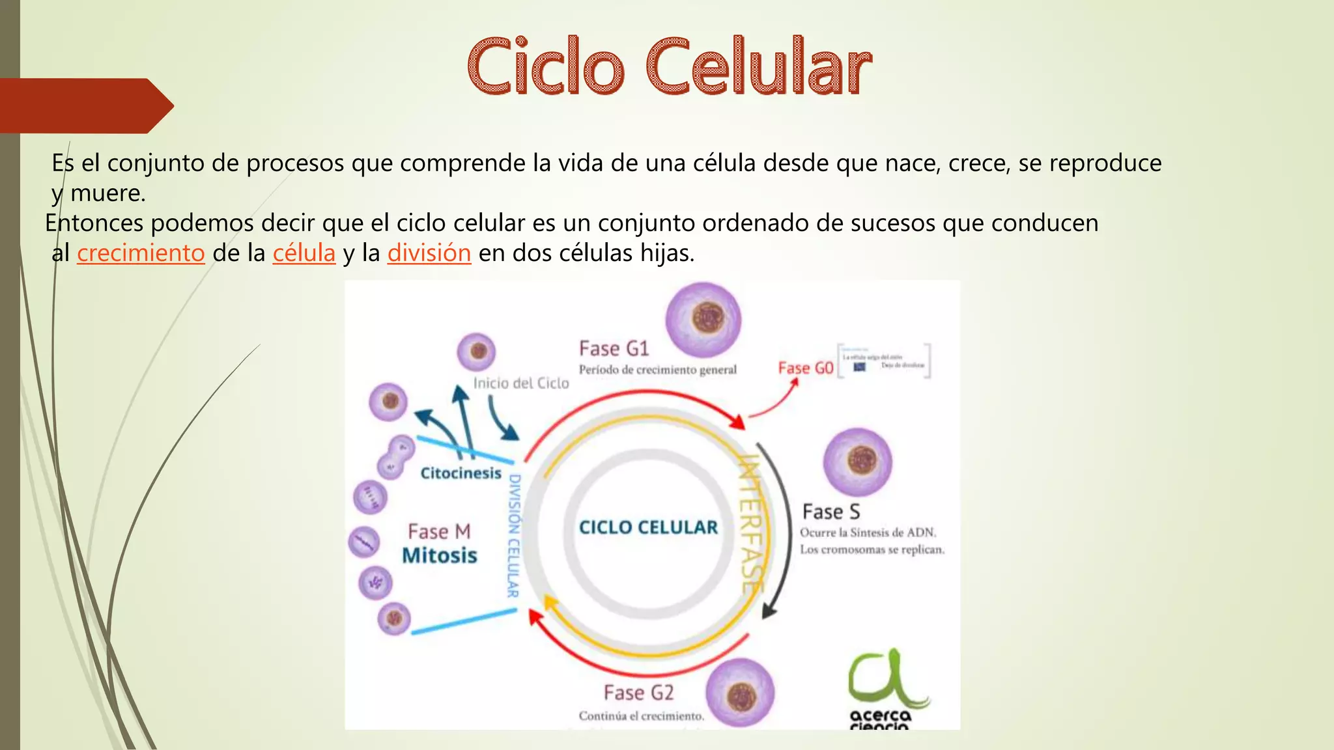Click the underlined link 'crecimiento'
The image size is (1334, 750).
141,253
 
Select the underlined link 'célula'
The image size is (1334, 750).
304,253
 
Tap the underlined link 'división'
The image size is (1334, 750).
429,253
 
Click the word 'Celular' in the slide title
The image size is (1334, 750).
759,67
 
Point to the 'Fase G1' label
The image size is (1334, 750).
614,349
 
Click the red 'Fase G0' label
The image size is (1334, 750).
806,368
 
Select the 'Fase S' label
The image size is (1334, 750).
831,512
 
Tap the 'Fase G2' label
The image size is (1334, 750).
638,693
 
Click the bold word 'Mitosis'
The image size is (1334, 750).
440,556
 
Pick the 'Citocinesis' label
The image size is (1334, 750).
461,473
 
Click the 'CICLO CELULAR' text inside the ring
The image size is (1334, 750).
648,527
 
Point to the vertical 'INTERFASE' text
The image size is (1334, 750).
751,525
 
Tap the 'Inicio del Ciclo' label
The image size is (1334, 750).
521,383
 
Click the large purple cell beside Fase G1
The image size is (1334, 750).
703,320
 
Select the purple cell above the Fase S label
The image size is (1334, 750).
858,462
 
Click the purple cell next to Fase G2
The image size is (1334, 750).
740,693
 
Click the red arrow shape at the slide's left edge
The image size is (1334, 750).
85,105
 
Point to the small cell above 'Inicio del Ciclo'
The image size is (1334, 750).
477,352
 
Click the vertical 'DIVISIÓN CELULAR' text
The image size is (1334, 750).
514,535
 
